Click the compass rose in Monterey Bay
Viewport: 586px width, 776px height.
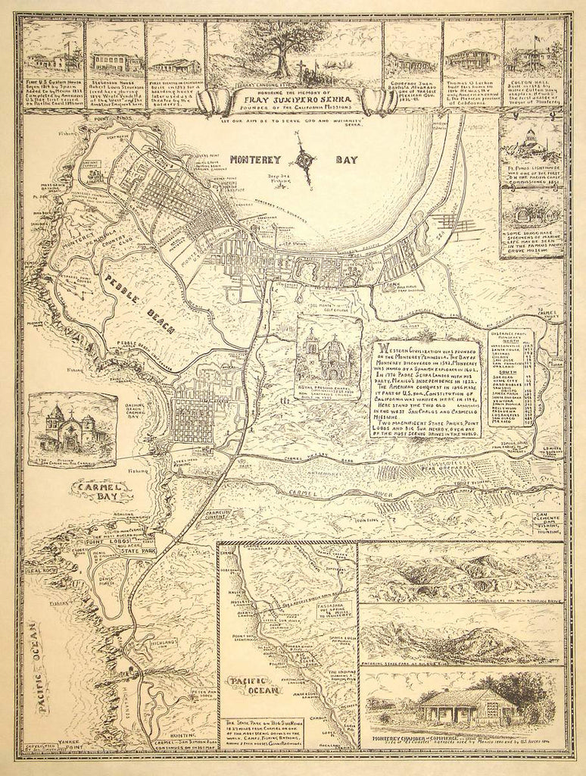coord(305,159)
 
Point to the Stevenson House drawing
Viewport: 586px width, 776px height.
coord(114,61)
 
